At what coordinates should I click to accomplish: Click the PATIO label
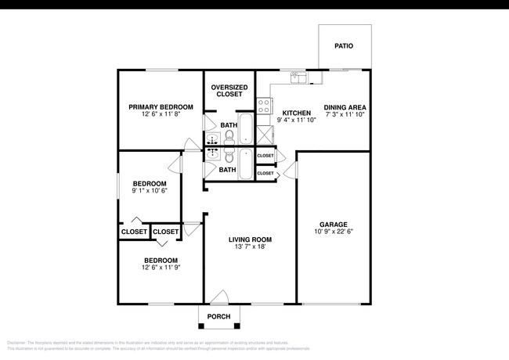344,46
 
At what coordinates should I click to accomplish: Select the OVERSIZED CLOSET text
229,91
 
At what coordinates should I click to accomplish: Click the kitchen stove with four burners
265,103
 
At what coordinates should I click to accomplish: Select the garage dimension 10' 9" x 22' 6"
334,232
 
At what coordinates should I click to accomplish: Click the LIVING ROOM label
250,239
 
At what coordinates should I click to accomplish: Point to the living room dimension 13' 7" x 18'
250,247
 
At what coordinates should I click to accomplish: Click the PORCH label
218,317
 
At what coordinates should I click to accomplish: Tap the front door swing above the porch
220,297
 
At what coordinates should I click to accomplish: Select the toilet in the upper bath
229,137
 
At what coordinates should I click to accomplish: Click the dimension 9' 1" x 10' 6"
149,191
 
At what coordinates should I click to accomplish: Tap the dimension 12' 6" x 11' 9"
160,268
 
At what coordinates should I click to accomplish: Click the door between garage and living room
291,171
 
